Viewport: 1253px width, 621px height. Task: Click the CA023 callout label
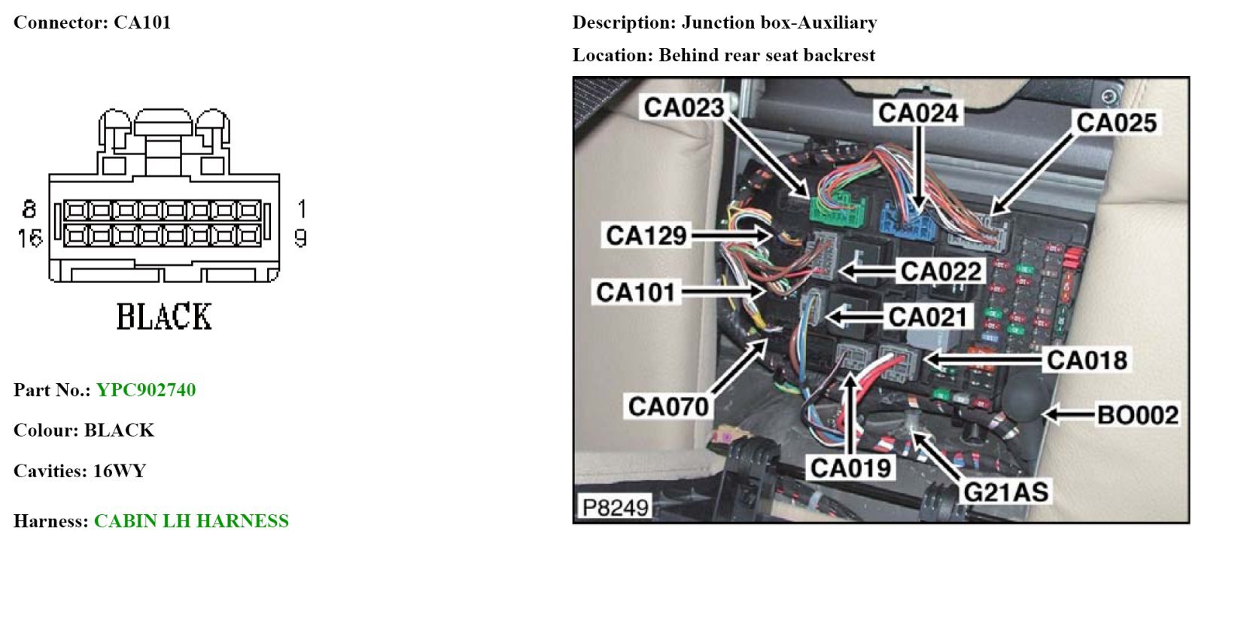point(683,108)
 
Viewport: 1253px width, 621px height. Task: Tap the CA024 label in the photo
point(918,113)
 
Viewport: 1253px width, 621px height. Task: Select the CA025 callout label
point(1116,123)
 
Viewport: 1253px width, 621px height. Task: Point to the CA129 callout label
point(646,236)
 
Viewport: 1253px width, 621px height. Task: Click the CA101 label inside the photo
point(636,292)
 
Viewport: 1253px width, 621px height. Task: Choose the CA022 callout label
point(941,271)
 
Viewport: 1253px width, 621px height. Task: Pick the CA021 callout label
point(927,317)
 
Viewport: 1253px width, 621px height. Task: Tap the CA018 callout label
point(1087,360)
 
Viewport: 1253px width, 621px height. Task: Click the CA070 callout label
point(668,406)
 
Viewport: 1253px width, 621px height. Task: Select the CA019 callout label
point(850,468)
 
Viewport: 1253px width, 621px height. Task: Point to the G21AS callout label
point(1005,492)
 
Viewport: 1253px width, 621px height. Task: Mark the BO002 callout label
point(1137,415)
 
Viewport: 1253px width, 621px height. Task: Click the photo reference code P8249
point(615,507)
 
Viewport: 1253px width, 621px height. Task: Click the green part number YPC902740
point(146,390)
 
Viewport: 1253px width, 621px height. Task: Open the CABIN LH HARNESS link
point(191,521)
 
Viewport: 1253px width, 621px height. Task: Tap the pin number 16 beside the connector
point(29,239)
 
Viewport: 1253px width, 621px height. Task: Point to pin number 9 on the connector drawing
point(300,239)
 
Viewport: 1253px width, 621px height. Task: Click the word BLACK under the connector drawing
point(164,317)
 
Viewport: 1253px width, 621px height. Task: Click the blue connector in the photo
point(907,220)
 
